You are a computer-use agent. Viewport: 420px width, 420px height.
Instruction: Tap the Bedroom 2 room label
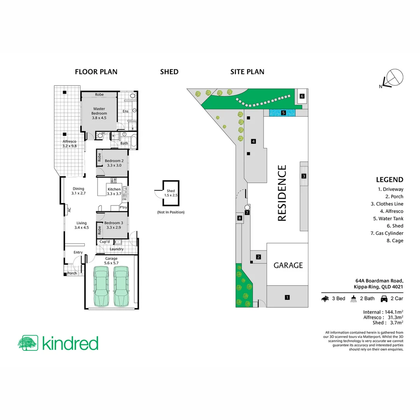point(114,163)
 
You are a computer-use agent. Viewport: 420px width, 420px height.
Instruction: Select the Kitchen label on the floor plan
point(114,191)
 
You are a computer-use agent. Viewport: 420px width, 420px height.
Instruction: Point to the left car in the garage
point(101,286)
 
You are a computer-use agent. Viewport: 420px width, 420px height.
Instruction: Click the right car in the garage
point(121,286)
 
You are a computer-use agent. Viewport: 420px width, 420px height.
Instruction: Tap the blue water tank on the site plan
point(282,113)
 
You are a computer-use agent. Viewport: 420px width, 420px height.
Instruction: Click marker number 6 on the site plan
point(302,96)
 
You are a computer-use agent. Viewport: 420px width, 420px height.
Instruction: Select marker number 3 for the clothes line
point(304,176)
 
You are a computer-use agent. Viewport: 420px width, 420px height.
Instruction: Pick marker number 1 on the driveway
point(287,297)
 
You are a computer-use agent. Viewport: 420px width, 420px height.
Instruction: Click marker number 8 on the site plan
point(240,219)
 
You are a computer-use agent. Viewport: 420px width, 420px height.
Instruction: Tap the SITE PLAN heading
point(247,72)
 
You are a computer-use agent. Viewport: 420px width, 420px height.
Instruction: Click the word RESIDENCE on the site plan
point(282,193)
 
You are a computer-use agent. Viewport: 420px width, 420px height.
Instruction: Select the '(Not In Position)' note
point(171,212)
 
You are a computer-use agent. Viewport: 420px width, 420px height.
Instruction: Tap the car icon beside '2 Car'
point(384,299)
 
